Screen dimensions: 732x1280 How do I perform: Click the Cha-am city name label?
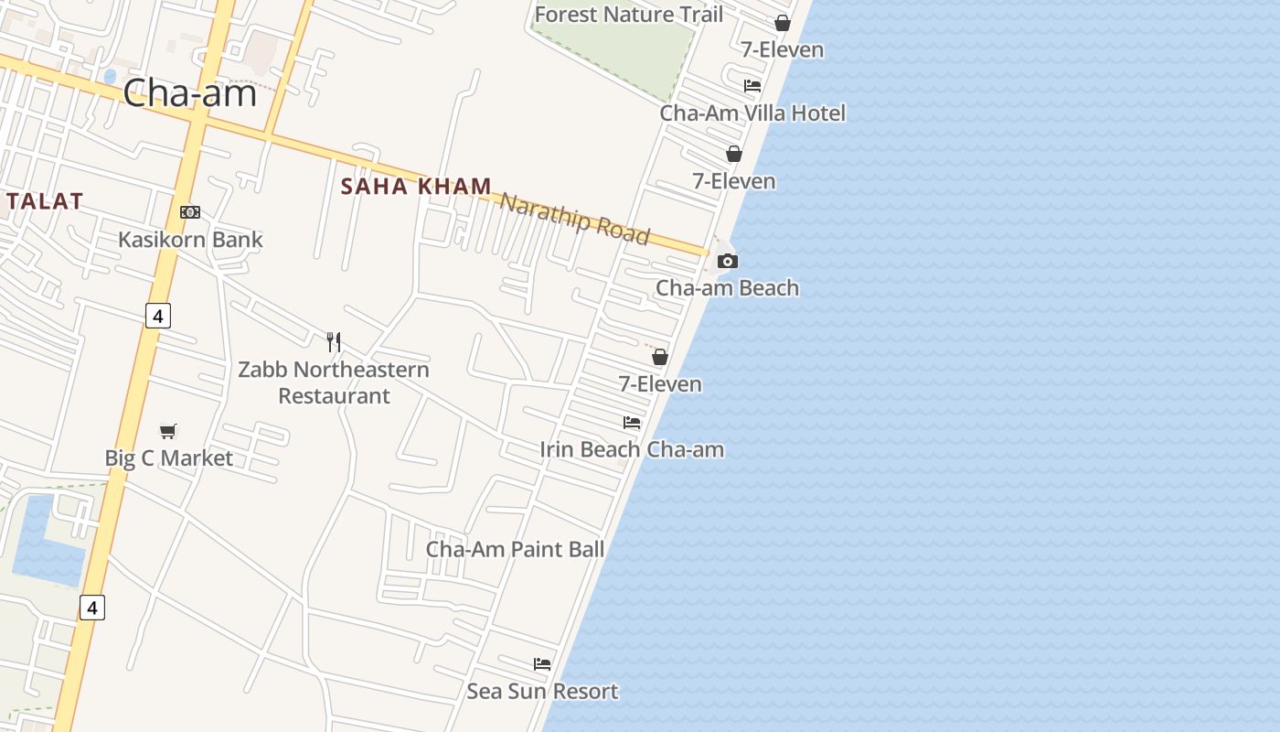[x=189, y=92]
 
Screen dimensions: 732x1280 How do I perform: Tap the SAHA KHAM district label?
[x=416, y=187]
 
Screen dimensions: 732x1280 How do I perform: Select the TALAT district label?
[x=44, y=201]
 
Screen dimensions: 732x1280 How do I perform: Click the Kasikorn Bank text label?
[x=190, y=240]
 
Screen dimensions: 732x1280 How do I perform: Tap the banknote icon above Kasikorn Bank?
[x=190, y=212]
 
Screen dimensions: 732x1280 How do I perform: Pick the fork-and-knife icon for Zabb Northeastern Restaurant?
[x=334, y=342]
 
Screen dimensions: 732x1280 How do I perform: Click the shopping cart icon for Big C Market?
[x=168, y=431]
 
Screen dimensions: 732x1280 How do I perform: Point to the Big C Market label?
[x=169, y=458]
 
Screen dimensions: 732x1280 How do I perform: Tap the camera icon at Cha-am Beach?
[x=728, y=262]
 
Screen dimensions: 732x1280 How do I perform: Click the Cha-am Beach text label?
[x=727, y=288]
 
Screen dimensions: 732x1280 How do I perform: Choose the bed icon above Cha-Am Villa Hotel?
[x=752, y=86]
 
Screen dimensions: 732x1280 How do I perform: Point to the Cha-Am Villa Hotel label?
[x=752, y=113]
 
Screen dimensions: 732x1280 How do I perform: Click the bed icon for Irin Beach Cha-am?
[x=632, y=423]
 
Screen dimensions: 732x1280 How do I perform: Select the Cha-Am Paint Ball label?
[x=516, y=550]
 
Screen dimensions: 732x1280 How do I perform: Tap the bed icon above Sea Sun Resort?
[x=542, y=664]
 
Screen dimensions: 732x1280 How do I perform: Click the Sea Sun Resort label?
[x=542, y=692]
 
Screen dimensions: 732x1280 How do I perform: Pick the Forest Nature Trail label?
[x=628, y=15]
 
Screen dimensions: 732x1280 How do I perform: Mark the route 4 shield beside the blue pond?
[x=91, y=607]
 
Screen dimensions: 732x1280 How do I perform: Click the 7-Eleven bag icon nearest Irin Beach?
[x=660, y=357]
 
